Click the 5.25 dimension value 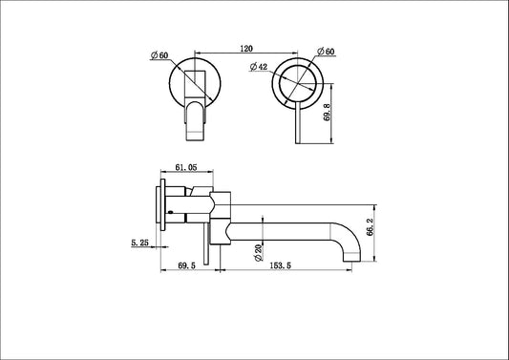click(x=140, y=244)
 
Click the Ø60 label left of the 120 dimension click(x=159, y=57)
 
